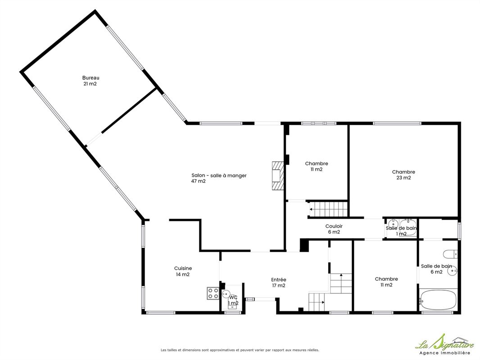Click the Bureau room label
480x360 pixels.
point(91,78)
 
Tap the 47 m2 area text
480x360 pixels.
point(199,181)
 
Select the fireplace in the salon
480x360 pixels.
point(278,176)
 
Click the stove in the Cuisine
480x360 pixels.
point(213,293)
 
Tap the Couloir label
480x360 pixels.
point(334,226)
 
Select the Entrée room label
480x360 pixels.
point(279,279)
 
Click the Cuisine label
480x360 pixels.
point(183,268)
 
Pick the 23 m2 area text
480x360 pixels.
point(403,178)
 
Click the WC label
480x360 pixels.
point(233,297)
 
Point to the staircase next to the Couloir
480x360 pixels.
point(328,209)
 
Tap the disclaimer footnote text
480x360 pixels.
point(240,350)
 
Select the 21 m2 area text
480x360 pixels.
point(90,84)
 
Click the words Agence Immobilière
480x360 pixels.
point(444,353)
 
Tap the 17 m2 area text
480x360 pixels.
point(279,285)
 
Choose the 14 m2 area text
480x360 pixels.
point(183,274)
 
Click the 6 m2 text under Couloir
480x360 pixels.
point(334,232)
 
